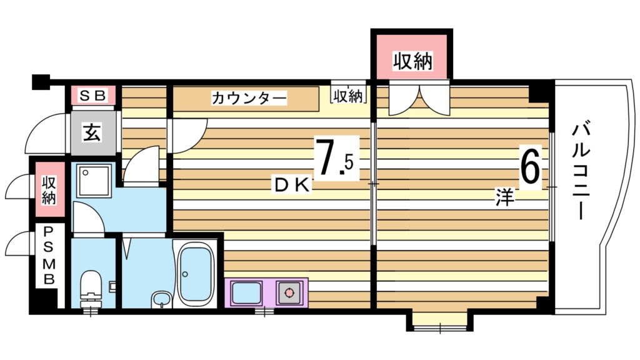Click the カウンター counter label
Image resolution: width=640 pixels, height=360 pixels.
click(x=249, y=98)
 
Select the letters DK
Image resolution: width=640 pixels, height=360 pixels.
click(x=292, y=186)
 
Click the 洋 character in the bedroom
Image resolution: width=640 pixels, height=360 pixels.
click(x=505, y=197)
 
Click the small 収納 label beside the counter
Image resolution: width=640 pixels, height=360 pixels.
click(x=347, y=96)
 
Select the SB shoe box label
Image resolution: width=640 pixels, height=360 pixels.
click(x=93, y=96)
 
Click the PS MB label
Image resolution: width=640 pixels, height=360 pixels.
click(x=49, y=256)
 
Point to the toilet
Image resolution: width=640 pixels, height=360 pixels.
click(x=91, y=288)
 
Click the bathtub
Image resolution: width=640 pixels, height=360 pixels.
click(x=196, y=276)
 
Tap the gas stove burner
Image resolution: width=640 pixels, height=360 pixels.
click(x=289, y=292)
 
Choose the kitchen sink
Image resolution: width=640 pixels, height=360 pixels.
click(x=246, y=292)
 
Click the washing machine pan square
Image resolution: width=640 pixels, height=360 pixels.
click(x=94, y=181)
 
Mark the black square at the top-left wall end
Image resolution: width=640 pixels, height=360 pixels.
click(x=41, y=82)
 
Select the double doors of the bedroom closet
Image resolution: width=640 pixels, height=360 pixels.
click(x=419, y=98)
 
